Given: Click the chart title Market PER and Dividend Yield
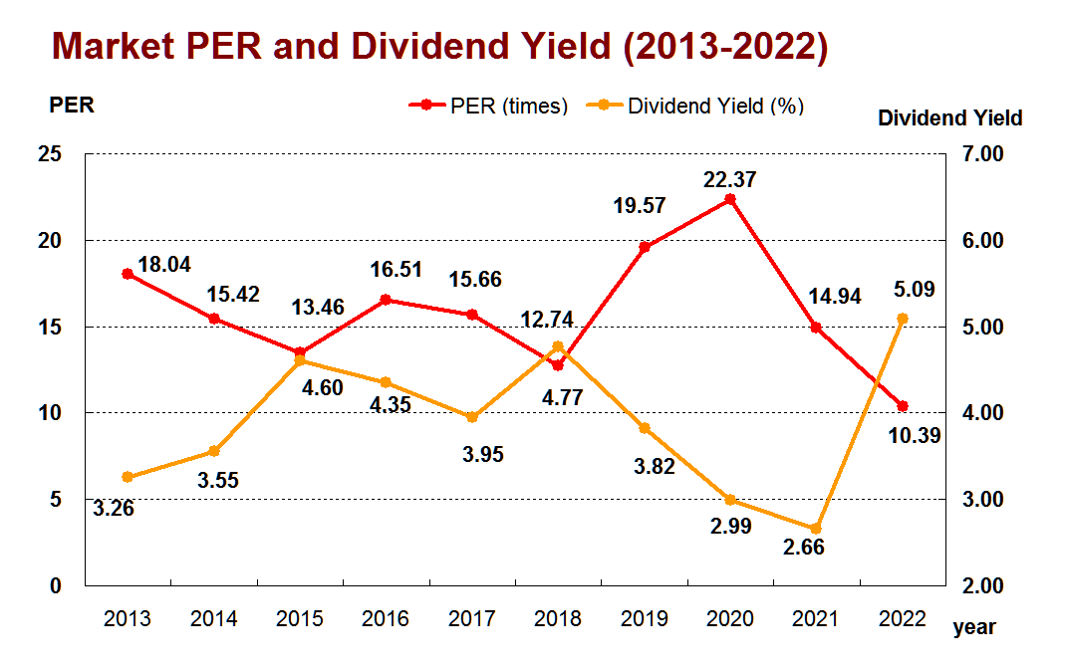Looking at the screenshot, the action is pyautogui.click(x=439, y=46).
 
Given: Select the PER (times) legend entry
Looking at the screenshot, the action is pyautogui.click(x=488, y=106).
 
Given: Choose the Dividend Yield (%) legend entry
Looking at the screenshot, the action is pyautogui.click(x=694, y=106).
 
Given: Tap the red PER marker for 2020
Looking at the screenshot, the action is pyautogui.click(x=730, y=199).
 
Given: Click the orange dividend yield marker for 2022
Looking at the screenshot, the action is pyautogui.click(x=903, y=319).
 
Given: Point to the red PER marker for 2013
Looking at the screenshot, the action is pyautogui.click(x=127, y=274).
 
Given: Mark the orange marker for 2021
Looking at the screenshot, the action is pyautogui.click(x=816, y=529).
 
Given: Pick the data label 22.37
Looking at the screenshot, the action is pyautogui.click(x=729, y=180).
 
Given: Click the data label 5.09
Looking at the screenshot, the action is pyautogui.click(x=915, y=290).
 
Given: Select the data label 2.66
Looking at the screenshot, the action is pyautogui.click(x=804, y=548).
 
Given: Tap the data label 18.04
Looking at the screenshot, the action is pyautogui.click(x=164, y=265).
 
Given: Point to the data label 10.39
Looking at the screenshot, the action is pyautogui.click(x=915, y=436).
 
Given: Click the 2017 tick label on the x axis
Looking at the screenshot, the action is pyautogui.click(x=471, y=619).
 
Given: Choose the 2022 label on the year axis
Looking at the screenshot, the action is pyautogui.click(x=902, y=619).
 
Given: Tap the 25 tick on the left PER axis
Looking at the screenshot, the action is pyautogui.click(x=50, y=154).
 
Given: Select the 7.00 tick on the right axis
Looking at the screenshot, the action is pyautogui.click(x=982, y=154).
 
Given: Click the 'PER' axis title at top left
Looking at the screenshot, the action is pyautogui.click(x=72, y=106).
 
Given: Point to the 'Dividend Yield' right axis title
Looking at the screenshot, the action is pyautogui.click(x=950, y=118).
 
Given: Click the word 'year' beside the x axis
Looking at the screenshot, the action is pyautogui.click(x=974, y=627).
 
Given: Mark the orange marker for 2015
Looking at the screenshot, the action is pyautogui.click(x=300, y=360).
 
